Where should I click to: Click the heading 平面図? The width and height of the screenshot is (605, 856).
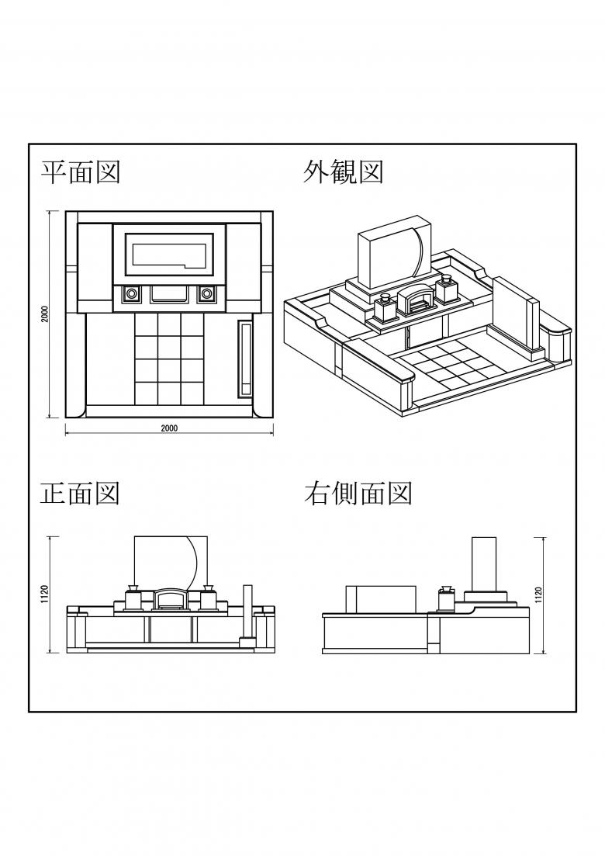coord(81,172)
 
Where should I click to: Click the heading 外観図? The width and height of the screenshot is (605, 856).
coord(343,172)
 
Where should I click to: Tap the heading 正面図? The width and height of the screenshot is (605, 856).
coord(81,493)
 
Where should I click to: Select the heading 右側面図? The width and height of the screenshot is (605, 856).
coord(358,493)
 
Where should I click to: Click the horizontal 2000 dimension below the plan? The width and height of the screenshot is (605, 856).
coord(169,428)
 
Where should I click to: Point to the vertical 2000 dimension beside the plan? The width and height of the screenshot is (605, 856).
coord(46,314)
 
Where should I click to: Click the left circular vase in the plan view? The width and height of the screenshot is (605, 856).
coord(131,294)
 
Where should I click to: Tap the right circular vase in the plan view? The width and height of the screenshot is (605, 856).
coord(207,294)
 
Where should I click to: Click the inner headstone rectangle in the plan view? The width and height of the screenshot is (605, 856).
coord(169,254)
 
